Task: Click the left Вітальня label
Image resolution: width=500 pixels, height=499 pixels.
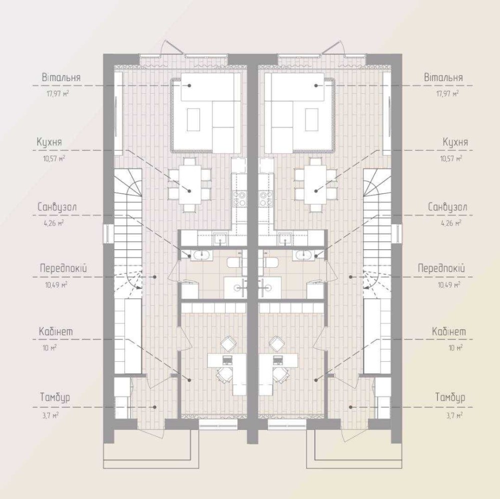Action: (x=61, y=78)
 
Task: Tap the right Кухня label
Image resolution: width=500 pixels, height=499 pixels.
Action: (x=455, y=142)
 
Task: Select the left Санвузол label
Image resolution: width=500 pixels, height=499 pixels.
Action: (x=57, y=207)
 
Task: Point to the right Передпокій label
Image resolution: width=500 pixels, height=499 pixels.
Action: (x=441, y=268)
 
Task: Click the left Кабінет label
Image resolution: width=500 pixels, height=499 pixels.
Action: (x=56, y=331)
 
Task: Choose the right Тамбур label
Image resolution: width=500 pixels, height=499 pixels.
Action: (x=450, y=397)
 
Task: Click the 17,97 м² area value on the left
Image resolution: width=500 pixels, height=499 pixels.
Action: (x=57, y=94)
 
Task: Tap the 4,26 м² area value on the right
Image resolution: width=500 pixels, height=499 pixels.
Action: (x=451, y=223)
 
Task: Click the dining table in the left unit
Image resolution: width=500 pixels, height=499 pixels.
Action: (x=190, y=184)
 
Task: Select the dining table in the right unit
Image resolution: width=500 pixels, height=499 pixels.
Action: (x=315, y=184)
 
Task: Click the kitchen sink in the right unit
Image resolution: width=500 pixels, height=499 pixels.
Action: (x=284, y=238)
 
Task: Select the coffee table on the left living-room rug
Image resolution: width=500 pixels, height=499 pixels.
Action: (x=193, y=120)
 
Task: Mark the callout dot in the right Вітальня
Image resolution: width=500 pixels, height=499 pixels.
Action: (x=316, y=86)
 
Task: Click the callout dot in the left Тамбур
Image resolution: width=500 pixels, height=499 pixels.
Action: (x=154, y=407)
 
